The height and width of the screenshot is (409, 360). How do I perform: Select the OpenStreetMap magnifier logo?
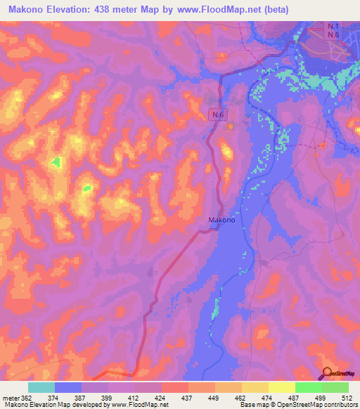(328, 374)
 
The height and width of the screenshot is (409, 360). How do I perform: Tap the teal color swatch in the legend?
(41, 387)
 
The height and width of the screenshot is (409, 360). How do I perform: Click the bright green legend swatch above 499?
(309, 387)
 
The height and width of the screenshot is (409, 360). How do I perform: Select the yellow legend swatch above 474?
(255, 387)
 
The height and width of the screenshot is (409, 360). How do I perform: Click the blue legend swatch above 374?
(67, 387)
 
